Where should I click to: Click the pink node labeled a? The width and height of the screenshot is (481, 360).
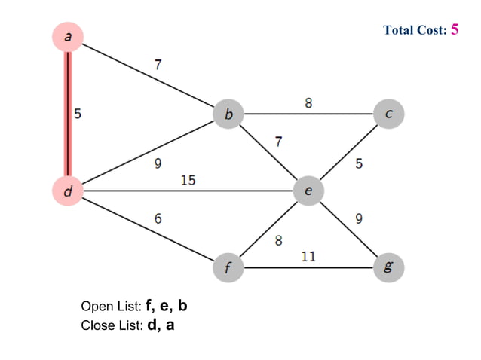[x=68, y=36]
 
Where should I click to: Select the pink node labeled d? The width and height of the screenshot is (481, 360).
[x=68, y=191]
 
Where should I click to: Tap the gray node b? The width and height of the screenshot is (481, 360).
[x=229, y=114]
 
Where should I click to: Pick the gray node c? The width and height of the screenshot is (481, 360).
[x=388, y=114]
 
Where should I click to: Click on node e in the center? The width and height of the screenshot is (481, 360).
[x=308, y=191]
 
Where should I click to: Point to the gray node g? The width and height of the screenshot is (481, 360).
[x=388, y=267]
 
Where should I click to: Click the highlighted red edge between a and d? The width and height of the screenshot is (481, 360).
[x=68, y=113]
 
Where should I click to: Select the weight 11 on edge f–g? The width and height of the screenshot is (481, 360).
[x=308, y=256]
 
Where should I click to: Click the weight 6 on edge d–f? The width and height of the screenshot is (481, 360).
[x=158, y=218]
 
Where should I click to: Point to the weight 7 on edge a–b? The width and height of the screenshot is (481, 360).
[x=157, y=65]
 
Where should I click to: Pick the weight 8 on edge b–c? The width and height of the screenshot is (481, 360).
[x=308, y=102]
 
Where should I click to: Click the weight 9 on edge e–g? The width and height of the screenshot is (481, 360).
[x=359, y=219]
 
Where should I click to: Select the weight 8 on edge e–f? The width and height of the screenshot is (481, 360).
[x=278, y=241]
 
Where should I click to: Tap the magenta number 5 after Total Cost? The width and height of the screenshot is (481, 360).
[x=454, y=29]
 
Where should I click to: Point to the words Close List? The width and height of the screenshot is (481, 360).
[x=111, y=326]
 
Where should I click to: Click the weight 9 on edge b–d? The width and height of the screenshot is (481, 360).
[x=157, y=163]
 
